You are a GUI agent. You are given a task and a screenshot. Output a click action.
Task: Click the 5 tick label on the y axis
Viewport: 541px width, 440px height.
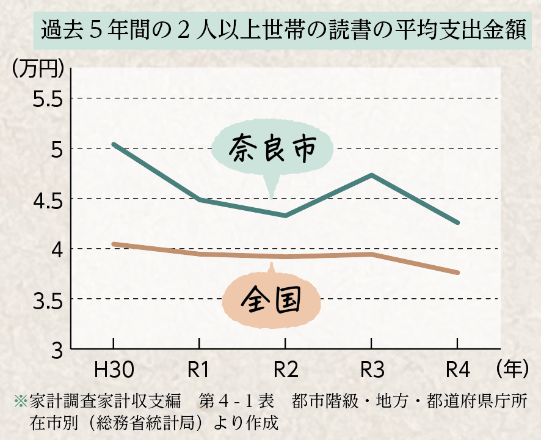click(56, 149)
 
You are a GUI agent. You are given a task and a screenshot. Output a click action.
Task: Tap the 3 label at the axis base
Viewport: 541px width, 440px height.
click(57, 350)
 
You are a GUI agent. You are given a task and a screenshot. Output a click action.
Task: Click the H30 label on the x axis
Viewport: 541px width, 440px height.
click(114, 370)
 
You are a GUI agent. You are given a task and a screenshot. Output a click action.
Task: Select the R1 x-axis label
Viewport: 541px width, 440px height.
click(199, 370)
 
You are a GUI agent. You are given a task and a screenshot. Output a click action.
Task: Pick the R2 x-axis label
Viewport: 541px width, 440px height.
click(285, 370)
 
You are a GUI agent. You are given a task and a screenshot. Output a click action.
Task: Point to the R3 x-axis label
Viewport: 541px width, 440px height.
click(371, 370)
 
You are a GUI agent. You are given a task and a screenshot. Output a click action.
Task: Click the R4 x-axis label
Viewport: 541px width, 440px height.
click(457, 370)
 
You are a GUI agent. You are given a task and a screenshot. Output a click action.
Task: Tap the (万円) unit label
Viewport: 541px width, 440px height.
click(38, 68)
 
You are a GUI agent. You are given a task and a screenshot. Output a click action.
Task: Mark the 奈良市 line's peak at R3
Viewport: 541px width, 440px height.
click(371, 175)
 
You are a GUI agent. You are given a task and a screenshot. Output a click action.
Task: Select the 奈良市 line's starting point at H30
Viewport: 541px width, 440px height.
click(114, 144)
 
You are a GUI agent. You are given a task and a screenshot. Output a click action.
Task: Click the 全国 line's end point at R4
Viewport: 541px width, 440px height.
click(457, 273)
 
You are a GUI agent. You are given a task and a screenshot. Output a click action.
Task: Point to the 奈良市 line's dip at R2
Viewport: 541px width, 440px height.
click(285, 216)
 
